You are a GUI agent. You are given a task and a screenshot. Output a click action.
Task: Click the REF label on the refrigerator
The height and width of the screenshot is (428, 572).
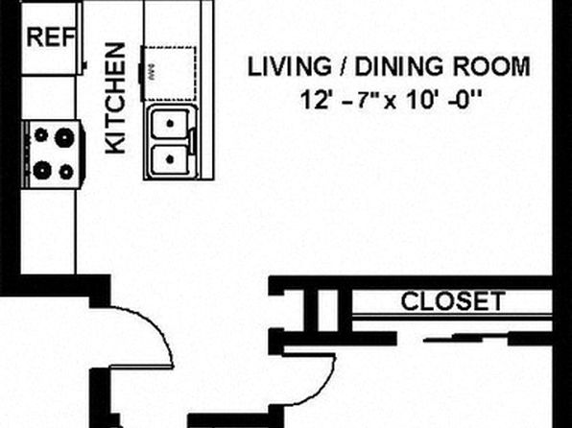tap(51, 36)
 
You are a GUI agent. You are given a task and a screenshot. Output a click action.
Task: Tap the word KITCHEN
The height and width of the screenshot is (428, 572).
tap(115, 98)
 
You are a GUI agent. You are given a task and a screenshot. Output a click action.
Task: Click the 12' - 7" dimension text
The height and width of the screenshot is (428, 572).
tap(339, 100)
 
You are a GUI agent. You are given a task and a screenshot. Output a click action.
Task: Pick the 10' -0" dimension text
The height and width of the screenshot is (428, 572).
tap(443, 100)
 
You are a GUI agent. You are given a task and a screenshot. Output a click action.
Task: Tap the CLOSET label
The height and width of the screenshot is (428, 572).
tap(453, 301)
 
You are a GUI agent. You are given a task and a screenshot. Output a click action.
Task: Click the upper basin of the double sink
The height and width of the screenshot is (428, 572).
tap(170, 124)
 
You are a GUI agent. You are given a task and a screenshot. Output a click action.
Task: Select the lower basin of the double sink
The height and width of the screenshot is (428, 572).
tap(170, 159)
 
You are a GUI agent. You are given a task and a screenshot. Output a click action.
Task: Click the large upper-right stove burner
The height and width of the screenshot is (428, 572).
tap(64, 137)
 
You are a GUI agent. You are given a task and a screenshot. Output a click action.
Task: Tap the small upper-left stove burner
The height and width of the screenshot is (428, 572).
tap(41, 135)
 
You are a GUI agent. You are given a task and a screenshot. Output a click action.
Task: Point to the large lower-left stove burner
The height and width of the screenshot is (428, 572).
tap(42, 170)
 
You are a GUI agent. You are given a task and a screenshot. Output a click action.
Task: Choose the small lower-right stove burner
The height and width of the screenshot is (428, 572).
tap(66, 172)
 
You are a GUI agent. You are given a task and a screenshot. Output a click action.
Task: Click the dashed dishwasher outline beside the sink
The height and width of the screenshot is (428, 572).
tap(170, 74)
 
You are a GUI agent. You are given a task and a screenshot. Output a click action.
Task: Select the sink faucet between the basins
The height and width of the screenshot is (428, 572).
tap(194, 141)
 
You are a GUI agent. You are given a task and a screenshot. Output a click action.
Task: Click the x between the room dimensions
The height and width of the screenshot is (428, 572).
tap(391, 102)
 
